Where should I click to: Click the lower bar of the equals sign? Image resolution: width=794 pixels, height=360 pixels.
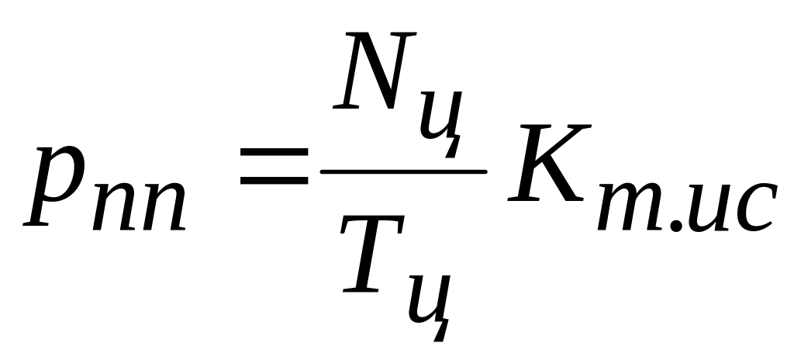[272, 182]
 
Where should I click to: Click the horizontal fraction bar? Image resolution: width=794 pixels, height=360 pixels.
[403, 171]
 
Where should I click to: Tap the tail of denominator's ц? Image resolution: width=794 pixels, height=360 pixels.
[440, 332]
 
